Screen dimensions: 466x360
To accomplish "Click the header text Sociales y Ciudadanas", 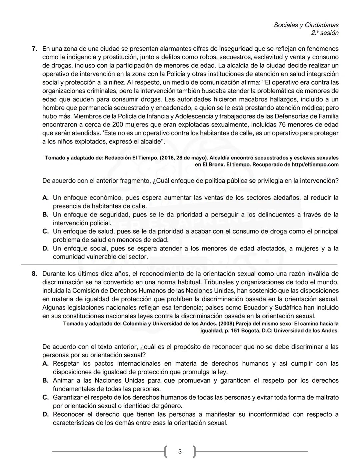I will [306, 25].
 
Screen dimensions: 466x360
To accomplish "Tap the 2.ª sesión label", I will [325, 33].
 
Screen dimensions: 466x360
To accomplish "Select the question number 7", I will [34, 49].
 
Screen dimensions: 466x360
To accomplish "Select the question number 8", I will [34, 274].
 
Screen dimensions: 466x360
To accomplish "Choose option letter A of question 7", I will [46, 198].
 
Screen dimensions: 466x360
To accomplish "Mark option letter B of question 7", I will [46, 215].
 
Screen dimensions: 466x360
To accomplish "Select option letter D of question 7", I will [46, 249].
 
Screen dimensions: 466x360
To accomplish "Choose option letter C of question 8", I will [46, 398].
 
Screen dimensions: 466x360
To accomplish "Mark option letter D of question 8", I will [46, 415].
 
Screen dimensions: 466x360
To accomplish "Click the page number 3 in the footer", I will [180, 452].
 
